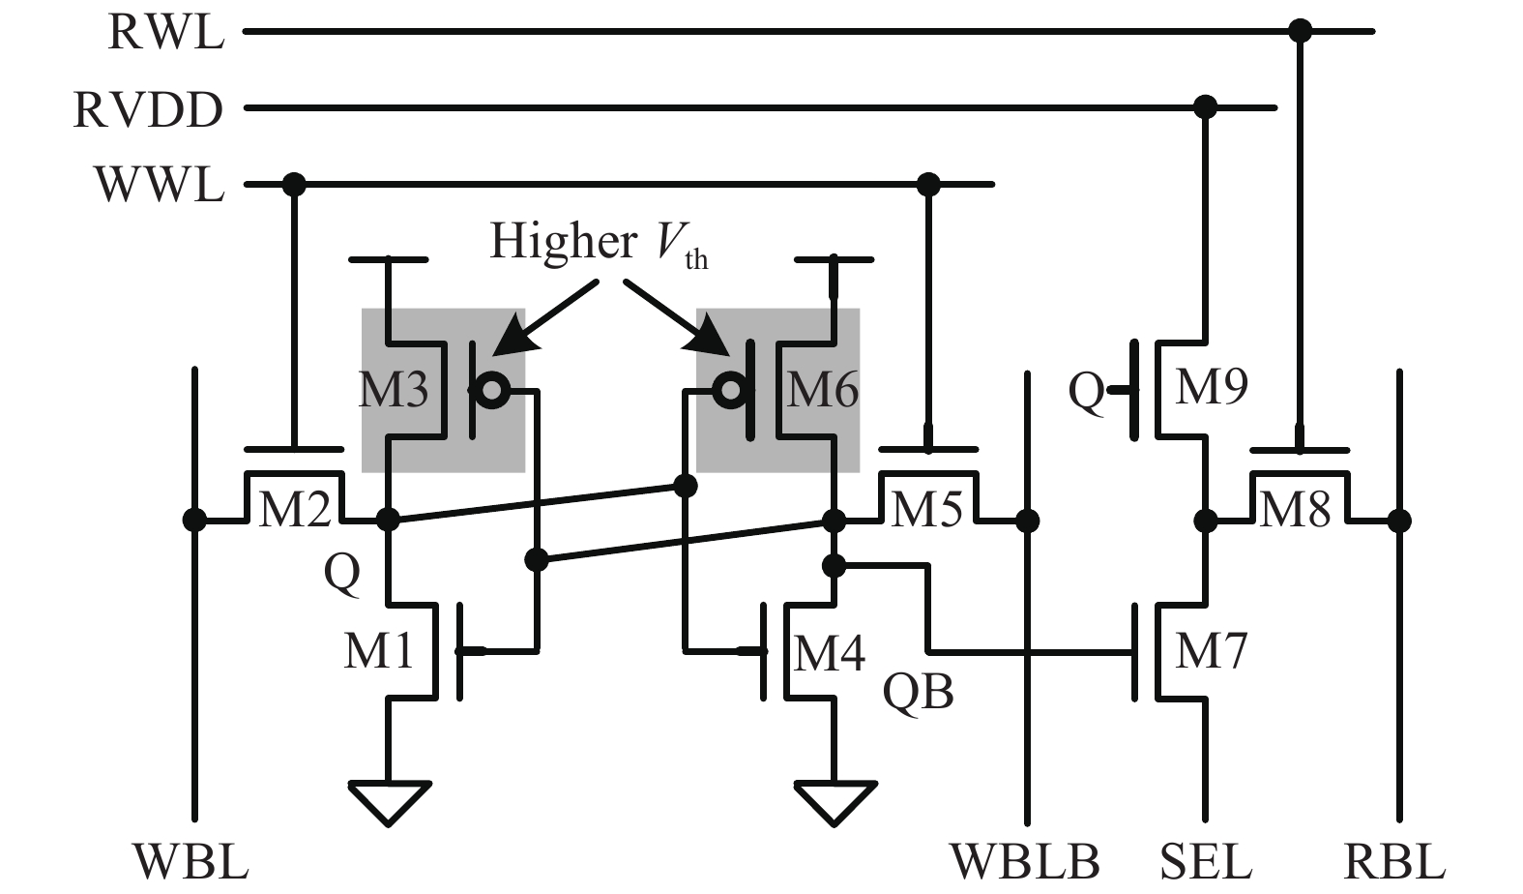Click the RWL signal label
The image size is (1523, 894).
[165, 32]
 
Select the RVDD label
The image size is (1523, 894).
[148, 109]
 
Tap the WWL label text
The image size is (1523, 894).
[159, 184]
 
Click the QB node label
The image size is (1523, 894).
[918, 693]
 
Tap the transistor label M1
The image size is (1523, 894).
[378, 650]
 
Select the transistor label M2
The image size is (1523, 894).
[294, 508]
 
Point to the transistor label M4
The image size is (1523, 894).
[829, 653]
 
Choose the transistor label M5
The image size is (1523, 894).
[926, 508]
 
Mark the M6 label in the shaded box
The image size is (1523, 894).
[823, 390]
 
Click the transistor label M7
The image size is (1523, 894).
[1211, 650]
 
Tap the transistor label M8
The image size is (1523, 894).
[1296, 508]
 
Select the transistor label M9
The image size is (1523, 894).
[1211, 386]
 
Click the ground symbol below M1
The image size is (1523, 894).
[389, 801]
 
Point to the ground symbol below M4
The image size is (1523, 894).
[835, 801]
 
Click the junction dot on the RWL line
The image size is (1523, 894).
[1300, 32]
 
